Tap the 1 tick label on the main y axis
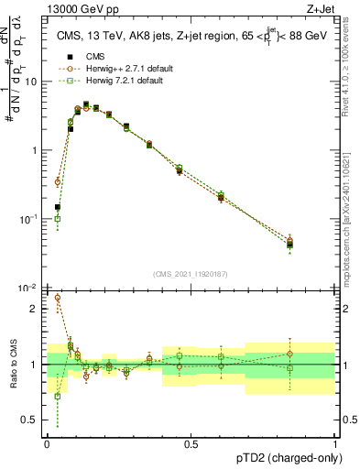click(x=35, y=150)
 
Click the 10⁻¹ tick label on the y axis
click(x=29, y=219)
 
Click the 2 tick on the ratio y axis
click(x=35, y=309)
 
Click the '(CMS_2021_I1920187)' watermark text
click(x=191, y=274)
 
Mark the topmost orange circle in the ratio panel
click(x=58, y=298)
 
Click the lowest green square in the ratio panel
click(x=58, y=397)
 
